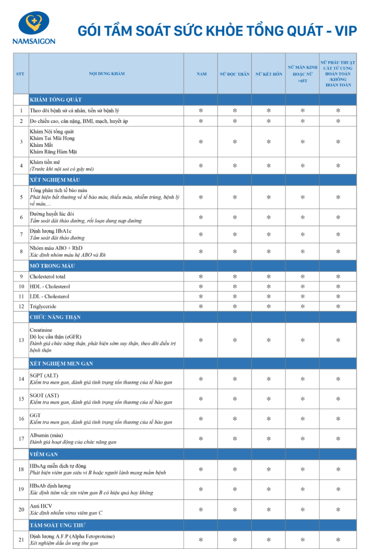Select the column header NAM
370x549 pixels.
[201, 74]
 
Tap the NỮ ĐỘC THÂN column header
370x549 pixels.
[235, 74]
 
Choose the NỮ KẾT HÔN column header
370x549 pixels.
[268, 74]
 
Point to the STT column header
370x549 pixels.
[21, 74]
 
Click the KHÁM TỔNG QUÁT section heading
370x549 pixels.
[56, 100]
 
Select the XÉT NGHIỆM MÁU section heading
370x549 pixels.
[55, 180]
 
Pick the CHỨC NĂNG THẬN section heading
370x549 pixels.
[55, 317]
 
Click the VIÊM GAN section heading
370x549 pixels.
[44, 454]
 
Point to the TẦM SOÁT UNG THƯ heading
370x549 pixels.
[58, 525]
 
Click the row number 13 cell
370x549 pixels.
[21, 340]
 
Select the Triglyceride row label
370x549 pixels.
[45, 306]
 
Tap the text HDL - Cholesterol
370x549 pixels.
[50, 286]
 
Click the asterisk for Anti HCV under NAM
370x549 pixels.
[201, 509]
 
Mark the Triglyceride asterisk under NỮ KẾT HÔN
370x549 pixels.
[268, 306]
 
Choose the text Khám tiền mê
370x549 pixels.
[45, 162]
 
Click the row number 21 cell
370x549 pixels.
[21, 539]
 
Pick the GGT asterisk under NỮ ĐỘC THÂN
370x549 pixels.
[235, 419]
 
